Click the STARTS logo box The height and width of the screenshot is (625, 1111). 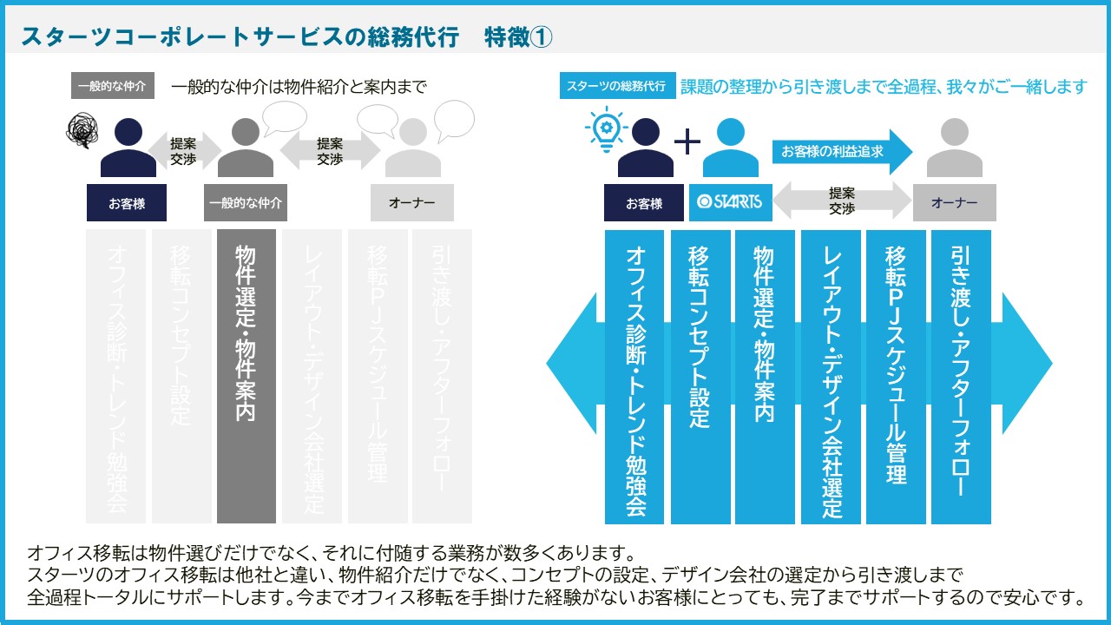[729, 202]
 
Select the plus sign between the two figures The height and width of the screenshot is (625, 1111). [687, 141]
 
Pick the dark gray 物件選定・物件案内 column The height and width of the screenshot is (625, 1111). [247, 376]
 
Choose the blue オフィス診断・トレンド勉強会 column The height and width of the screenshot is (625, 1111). [634, 376]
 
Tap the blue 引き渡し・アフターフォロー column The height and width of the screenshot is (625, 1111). [960, 376]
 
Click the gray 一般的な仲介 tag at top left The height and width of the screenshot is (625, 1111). [111, 87]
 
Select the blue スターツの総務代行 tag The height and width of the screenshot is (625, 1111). [617, 87]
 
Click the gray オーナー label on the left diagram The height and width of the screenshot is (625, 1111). [411, 202]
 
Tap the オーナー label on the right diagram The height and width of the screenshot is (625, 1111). [954, 202]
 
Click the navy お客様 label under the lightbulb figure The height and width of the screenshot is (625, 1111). [644, 203]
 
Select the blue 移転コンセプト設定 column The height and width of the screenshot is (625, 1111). [700, 376]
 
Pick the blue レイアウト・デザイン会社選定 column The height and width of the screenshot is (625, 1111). [832, 376]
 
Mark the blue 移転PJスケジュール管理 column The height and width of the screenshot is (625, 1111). [896, 376]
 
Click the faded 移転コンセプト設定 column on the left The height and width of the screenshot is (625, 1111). [181, 376]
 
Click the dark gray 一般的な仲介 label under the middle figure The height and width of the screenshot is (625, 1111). [246, 203]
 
